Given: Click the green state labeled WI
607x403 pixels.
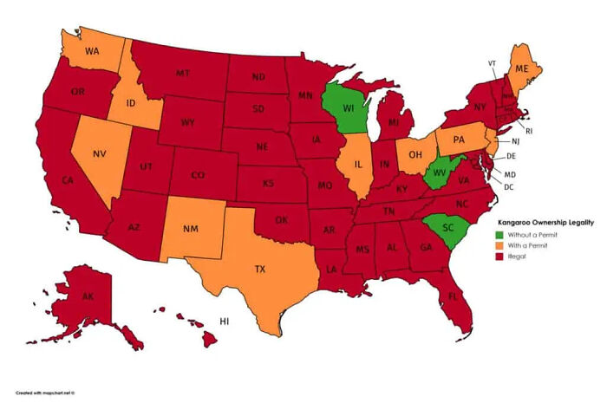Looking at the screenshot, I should pyautogui.click(x=348, y=110).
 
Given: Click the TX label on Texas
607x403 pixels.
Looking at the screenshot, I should pyautogui.click(x=259, y=269).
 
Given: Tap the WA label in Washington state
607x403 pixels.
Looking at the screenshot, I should pyautogui.click(x=90, y=50).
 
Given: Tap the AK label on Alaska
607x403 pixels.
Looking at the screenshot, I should pyautogui.click(x=88, y=296).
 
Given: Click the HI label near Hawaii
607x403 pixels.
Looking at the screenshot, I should pyautogui.click(x=224, y=321).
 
